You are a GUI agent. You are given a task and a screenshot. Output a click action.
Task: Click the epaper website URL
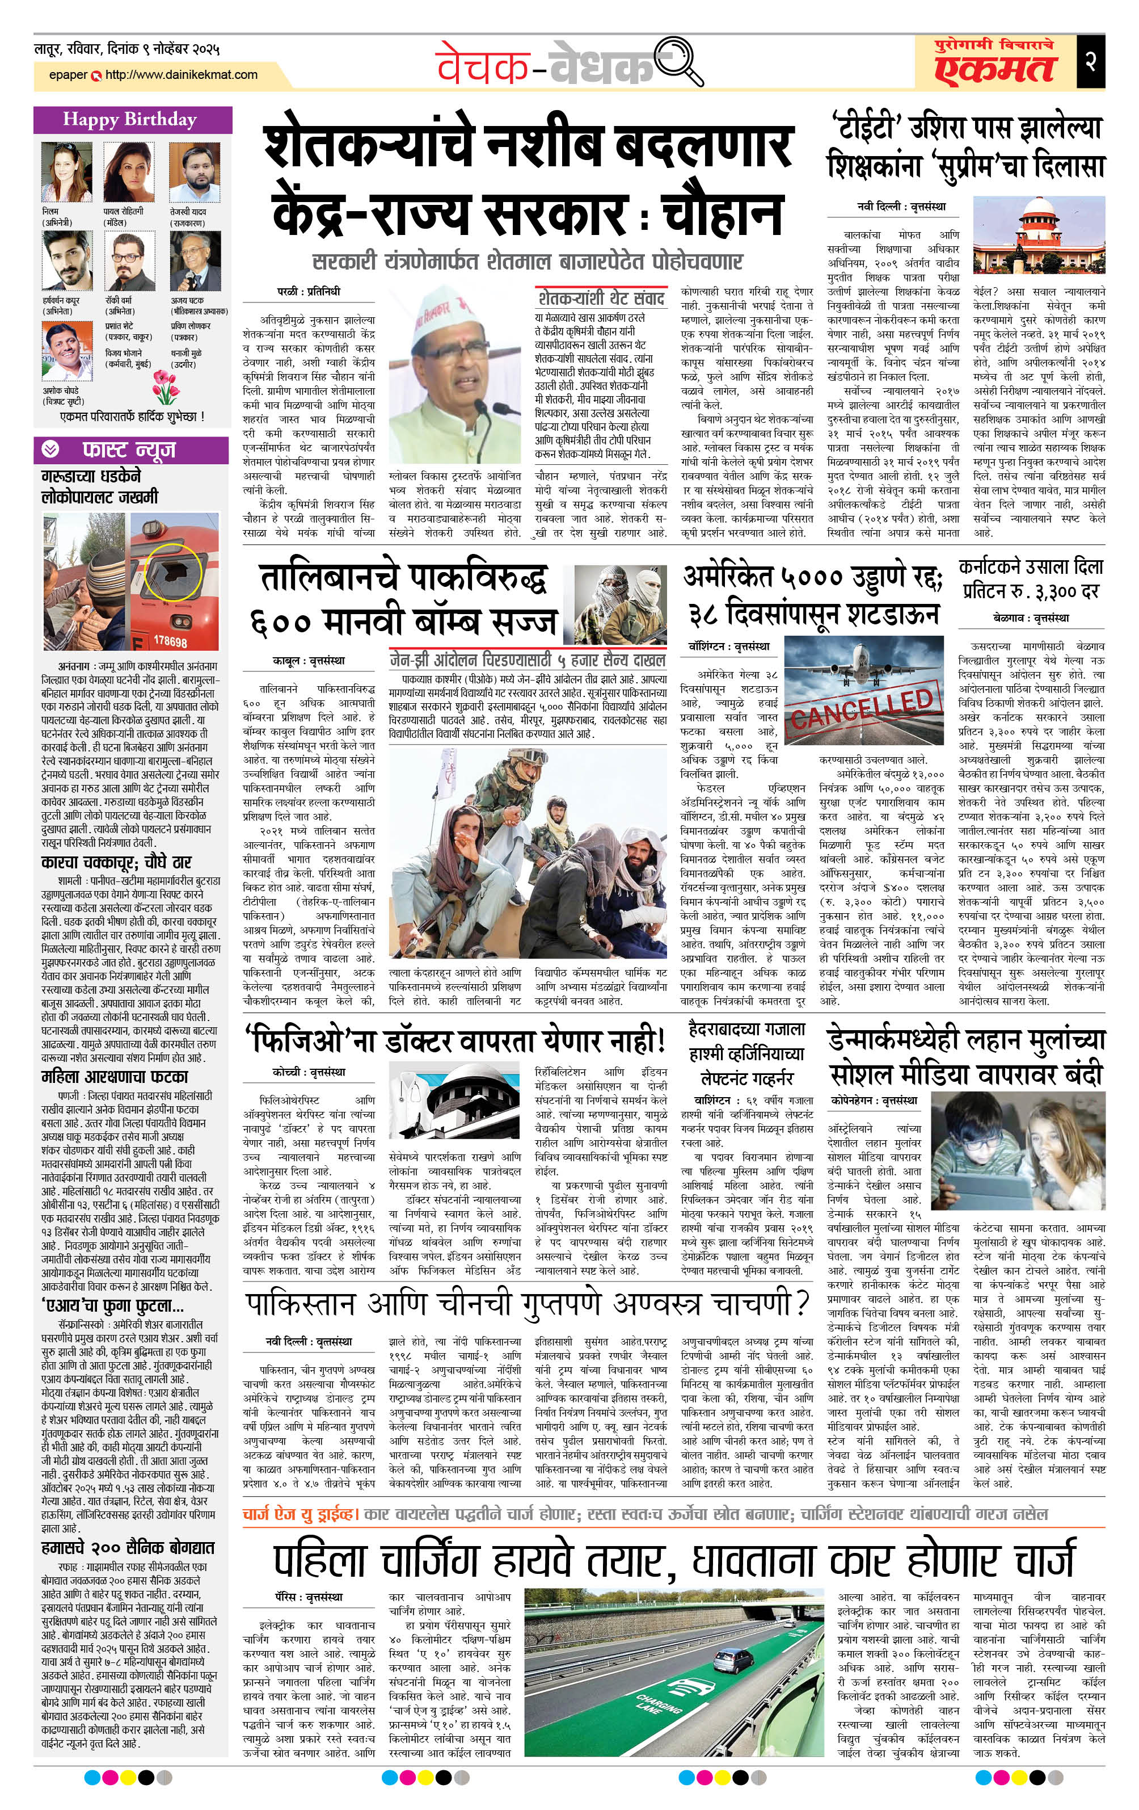[x=181, y=74]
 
